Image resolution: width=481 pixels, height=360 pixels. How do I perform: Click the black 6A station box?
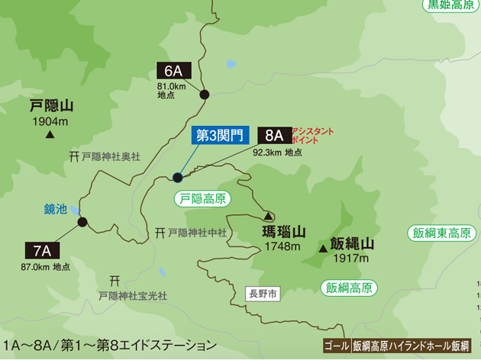tap(175, 70)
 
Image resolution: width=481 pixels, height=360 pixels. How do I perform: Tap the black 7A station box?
tap(41, 250)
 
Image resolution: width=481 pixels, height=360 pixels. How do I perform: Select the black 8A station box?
tap(274, 136)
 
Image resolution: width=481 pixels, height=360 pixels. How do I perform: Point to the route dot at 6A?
tap(204, 94)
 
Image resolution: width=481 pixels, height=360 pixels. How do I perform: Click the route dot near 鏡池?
tap(82, 223)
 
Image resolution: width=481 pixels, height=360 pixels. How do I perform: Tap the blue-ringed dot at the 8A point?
tap(177, 178)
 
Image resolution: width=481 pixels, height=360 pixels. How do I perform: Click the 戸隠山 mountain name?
tap(51, 106)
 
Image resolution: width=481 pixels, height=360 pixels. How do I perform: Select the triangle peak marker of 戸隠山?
tap(50, 136)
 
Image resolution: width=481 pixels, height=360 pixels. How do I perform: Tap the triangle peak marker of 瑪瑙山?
tap(269, 215)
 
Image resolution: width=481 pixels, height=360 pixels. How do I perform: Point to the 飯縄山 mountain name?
tap(350, 245)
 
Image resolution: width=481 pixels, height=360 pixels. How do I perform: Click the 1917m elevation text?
tap(351, 260)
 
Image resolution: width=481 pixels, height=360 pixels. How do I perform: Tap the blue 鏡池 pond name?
tap(55, 208)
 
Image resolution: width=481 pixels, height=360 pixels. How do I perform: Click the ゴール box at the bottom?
tap(336, 346)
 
